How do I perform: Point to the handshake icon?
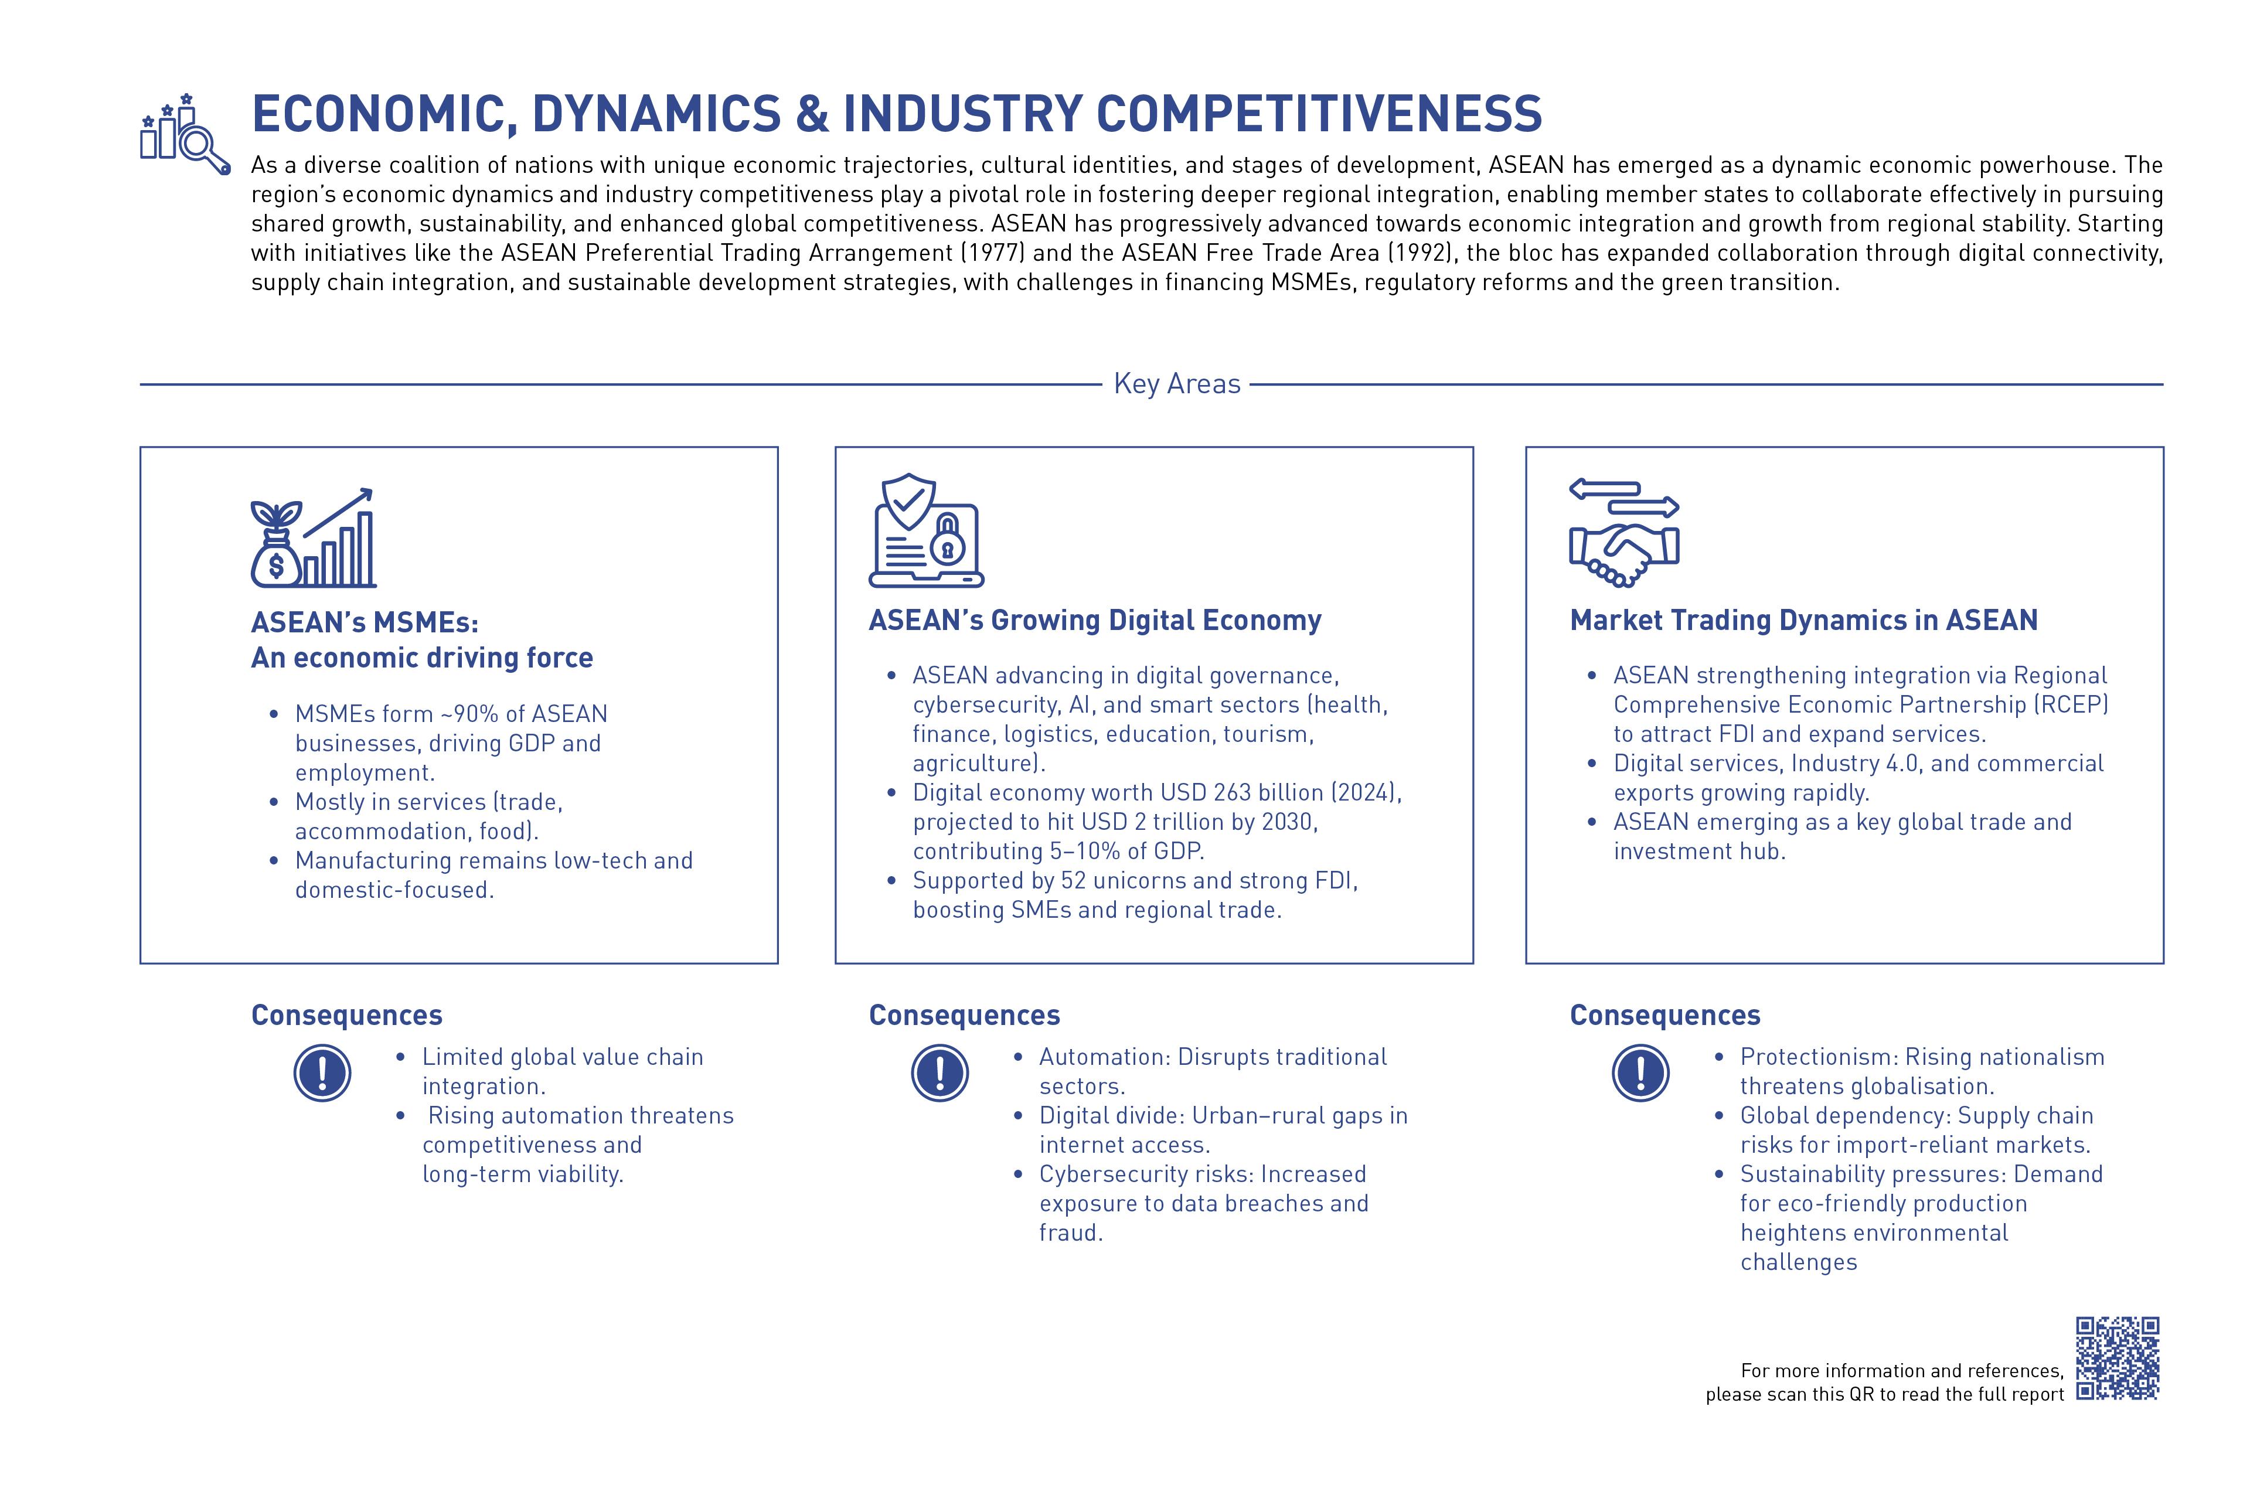(1623, 550)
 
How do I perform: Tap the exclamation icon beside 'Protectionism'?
(1640, 1072)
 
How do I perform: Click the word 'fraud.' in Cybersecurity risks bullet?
(1070, 1232)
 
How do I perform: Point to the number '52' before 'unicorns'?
(1073, 881)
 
